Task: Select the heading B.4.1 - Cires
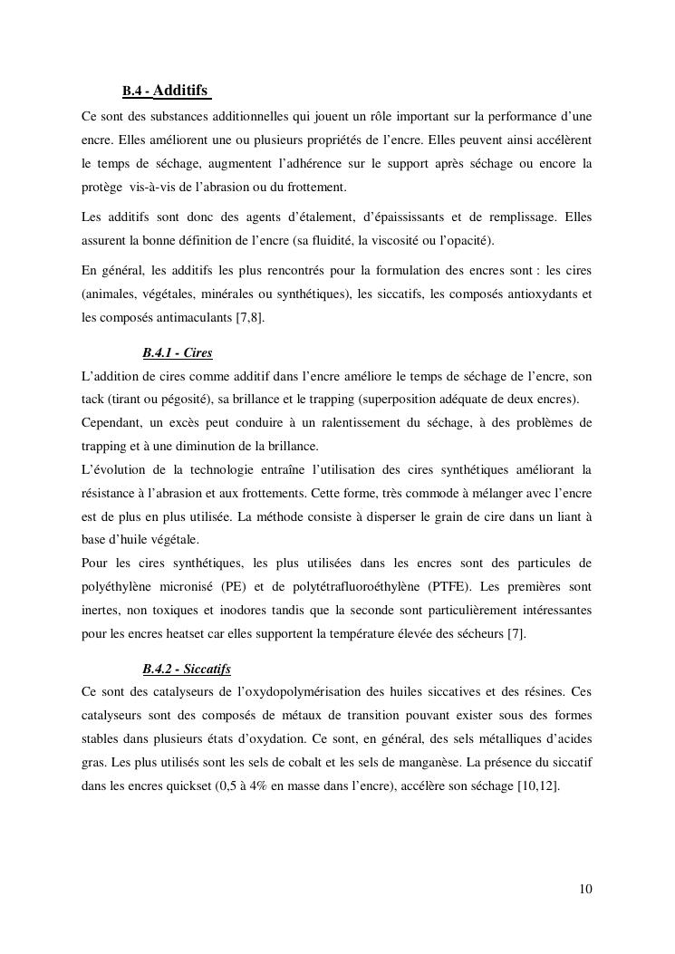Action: pyautogui.click(x=178, y=352)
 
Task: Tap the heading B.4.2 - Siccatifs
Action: pyautogui.click(x=187, y=669)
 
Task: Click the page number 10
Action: pyautogui.click(x=585, y=889)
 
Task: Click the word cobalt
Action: pyautogui.click(x=361, y=763)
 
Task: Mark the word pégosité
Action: pyautogui.click(x=184, y=400)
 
